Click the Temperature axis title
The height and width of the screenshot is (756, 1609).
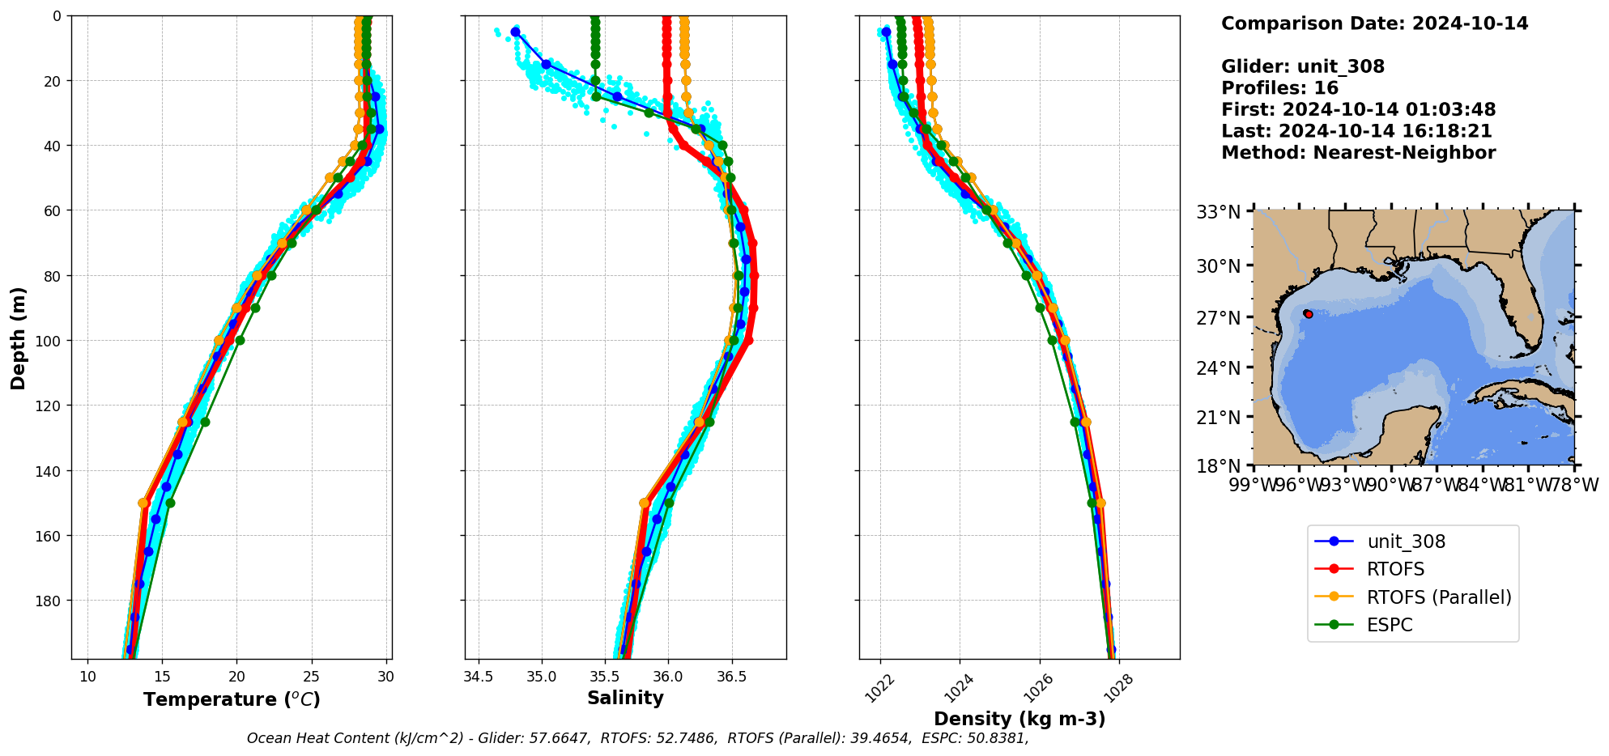tap(232, 699)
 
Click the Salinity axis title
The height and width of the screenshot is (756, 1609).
tap(625, 698)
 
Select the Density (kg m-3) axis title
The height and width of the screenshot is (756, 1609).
tap(1019, 719)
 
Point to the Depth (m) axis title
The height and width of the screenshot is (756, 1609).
tap(18, 338)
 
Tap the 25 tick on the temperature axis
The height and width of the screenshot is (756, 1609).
tap(312, 676)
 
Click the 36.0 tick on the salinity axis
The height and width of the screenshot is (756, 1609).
tap(667, 676)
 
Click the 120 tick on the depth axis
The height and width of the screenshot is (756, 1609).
tap(50, 406)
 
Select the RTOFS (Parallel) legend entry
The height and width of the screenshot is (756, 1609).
tap(1438, 597)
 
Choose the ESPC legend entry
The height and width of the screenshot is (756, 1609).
tap(1390, 625)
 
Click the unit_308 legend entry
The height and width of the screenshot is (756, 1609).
tap(1406, 542)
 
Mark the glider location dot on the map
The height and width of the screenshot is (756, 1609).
tap(1309, 314)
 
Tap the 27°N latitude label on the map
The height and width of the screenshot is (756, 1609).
tap(1218, 317)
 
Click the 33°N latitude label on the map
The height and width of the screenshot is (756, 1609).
tap(1218, 212)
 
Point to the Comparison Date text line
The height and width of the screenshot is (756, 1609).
tap(1374, 23)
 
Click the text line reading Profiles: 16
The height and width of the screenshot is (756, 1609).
tap(1279, 87)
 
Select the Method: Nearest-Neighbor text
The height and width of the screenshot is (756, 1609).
tap(1358, 152)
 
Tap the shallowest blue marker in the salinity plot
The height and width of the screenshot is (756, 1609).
tap(516, 32)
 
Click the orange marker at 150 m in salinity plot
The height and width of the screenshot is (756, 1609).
tap(645, 503)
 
